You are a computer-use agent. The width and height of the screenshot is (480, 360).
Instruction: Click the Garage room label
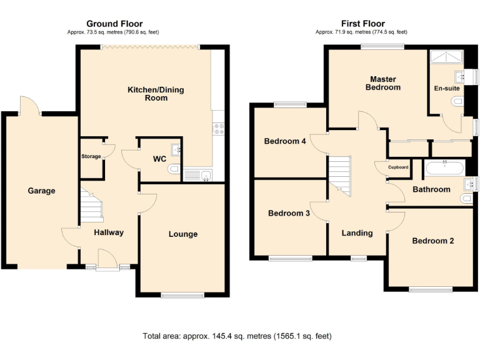click(x=41, y=191)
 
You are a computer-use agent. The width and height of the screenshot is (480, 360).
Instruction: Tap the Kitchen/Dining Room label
click(x=156, y=94)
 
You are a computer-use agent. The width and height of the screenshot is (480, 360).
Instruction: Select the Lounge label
click(x=182, y=234)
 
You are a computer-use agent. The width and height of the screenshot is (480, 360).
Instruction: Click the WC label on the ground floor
click(x=159, y=159)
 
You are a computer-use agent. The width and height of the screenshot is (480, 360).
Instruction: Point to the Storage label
click(x=91, y=156)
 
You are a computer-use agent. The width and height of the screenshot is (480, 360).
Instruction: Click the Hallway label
click(x=109, y=232)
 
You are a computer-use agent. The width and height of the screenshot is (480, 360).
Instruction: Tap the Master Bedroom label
click(x=383, y=83)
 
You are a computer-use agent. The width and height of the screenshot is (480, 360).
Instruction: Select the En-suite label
click(x=446, y=89)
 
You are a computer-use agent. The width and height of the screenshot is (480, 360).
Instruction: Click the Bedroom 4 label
click(x=285, y=141)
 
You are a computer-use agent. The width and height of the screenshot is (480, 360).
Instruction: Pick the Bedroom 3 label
click(x=289, y=213)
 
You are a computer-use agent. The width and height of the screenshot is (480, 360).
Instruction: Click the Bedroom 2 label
click(x=432, y=241)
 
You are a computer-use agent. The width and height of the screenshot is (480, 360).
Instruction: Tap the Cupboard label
click(x=398, y=167)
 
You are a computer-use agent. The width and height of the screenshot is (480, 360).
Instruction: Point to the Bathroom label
click(x=431, y=189)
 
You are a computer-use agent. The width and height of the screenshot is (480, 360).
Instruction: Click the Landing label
click(x=357, y=233)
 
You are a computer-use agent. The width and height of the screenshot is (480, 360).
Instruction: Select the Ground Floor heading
click(x=114, y=24)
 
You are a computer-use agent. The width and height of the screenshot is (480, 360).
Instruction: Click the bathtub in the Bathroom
click(x=444, y=167)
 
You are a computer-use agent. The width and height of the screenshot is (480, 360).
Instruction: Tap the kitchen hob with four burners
click(x=219, y=129)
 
